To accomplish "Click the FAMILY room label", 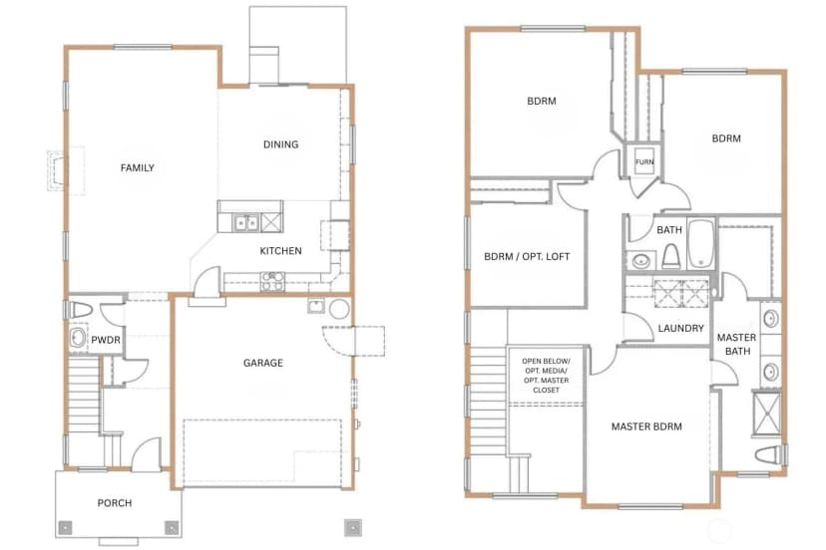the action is (x=137, y=168).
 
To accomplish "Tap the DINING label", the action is (x=280, y=144).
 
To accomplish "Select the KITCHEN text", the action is (x=280, y=251).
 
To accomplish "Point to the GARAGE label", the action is (x=263, y=363).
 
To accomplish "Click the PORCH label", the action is (x=115, y=502).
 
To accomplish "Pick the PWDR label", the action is (x=106, y=340).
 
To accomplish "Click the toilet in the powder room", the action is (x=81, y=310).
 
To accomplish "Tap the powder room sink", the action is (x=78, y=338).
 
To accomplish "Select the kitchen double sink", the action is (x=246, y=222).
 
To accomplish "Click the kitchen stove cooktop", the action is (x=272, y=282).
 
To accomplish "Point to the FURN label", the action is (x=644, y=162).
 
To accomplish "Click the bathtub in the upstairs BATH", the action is (x=700, y=244).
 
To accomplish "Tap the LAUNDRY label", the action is (x=680, y=329).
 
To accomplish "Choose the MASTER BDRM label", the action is (x=646, y=426).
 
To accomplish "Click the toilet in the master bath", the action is (x=770, y=454).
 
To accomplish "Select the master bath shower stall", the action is (x=766, y=413).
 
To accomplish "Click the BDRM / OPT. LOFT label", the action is (x=527, y=257).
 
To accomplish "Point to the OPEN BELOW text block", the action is (x=546, y=376).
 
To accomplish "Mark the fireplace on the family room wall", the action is (x=59, y=170).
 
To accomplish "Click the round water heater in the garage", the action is (x=339, y=309).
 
